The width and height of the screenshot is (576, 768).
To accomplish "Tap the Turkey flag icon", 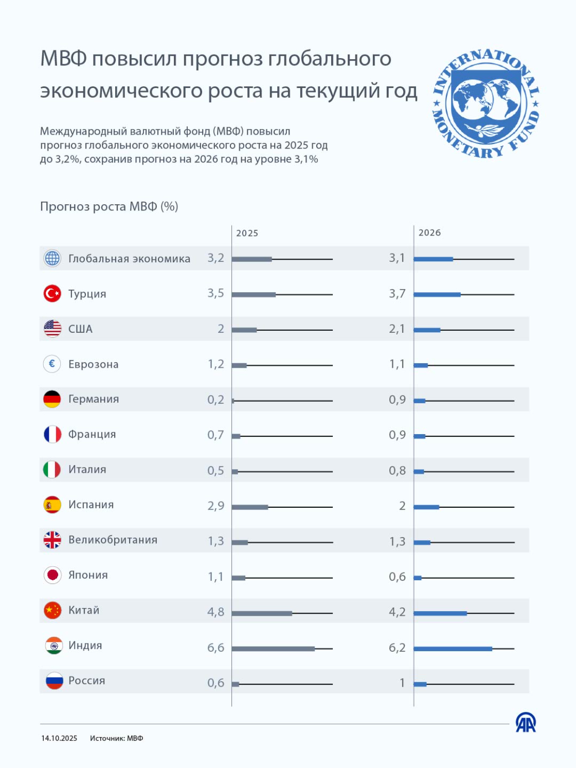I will click(52, 294).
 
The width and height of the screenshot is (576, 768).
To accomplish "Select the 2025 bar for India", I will click(273, 649).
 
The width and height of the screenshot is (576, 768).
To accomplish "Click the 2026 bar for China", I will click(440, 613).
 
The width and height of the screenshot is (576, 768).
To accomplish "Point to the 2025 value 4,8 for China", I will click(215, 612).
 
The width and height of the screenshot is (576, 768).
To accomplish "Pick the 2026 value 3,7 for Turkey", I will click(397, 294).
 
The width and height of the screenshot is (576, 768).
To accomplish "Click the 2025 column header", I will click(247, 233).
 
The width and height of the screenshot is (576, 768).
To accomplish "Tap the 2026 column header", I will click(429, 233).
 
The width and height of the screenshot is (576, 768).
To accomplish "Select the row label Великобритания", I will click(113, 540).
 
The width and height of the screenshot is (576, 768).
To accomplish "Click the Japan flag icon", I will click(52, 575).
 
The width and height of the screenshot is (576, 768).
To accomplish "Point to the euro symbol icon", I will click(52, 364).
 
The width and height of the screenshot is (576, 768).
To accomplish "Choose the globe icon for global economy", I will click(52, 258).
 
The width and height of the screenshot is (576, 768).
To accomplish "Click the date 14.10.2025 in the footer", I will click(59, 738).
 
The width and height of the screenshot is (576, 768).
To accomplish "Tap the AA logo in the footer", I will click(526, 723).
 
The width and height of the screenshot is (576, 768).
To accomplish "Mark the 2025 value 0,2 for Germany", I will click(215, 400).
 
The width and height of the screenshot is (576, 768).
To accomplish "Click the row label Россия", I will click(87, 681).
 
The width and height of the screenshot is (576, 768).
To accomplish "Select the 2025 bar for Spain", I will click(250, 507).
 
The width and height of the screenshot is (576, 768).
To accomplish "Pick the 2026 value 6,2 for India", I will click(397, 648).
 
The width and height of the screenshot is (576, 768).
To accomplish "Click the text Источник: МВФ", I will click(117, 738).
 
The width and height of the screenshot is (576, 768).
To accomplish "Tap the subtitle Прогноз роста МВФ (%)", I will click(109, 207).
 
